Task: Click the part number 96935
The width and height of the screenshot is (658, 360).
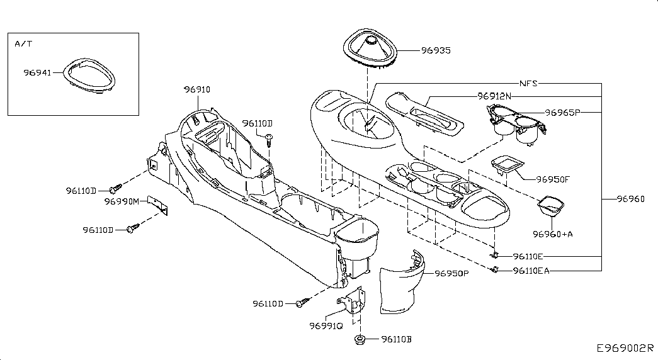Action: coord(436,50)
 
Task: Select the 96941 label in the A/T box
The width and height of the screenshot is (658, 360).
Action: coord(37,72)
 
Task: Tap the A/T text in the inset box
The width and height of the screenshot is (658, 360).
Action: coord(23,43)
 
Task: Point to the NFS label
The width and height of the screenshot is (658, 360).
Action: coord(529,83)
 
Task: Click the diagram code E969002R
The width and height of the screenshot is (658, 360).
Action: coord(625,348)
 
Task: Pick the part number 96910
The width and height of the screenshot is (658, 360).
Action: coord(197,89)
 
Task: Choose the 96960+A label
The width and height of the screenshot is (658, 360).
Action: coord(553,234)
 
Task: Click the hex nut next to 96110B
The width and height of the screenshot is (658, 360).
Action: coord(359,339)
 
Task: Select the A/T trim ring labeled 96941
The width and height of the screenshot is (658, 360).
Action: coord(89,75)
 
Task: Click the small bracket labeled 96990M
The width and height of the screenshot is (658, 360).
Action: coord(158,205)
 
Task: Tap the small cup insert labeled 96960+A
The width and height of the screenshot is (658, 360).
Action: coord(551,206)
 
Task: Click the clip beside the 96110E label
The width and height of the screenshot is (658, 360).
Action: coord(495,255)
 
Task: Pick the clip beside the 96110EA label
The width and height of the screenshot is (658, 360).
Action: coord(495,270)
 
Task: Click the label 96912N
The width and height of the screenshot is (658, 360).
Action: coord(494,96)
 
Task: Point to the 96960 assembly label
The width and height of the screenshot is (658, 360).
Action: coord(631,199)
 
